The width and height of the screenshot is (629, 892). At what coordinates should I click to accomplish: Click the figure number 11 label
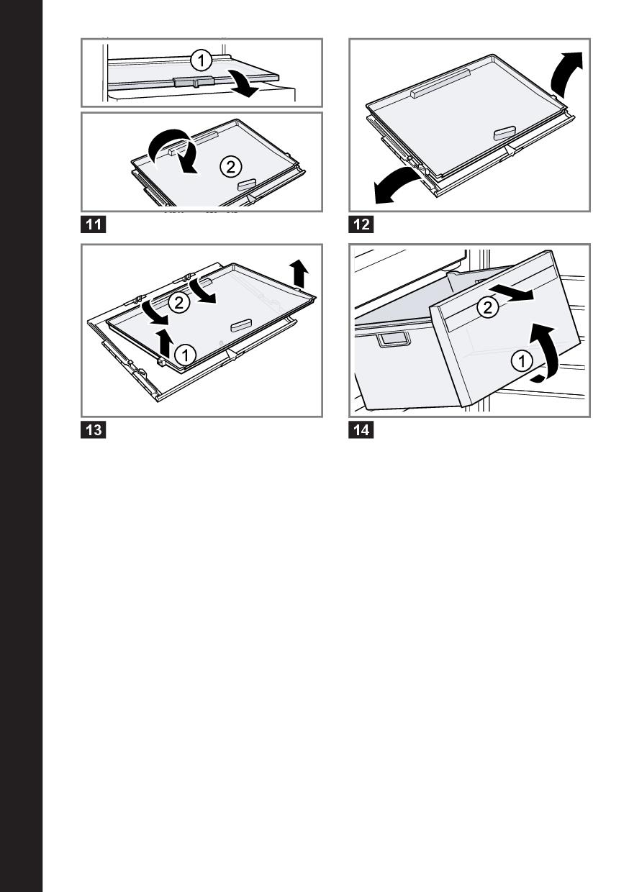[94, 224]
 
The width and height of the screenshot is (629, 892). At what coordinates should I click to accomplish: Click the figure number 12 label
[361, 224]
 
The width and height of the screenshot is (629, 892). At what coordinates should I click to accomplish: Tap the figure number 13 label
[94, 430]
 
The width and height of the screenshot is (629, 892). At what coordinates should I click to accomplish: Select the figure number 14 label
[361, 430]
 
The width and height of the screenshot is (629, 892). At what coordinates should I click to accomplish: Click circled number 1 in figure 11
[201, 60]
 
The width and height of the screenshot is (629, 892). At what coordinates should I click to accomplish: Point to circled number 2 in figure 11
[230, 166]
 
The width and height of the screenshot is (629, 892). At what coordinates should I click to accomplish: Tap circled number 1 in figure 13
[185, 354]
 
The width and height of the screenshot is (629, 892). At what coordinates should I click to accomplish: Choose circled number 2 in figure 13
[179, 302]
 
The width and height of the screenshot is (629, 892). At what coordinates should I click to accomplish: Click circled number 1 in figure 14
[522, 361]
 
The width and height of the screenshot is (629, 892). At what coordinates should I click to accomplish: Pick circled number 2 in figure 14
[487, 306]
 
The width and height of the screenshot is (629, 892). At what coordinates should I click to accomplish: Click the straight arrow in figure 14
[512, 291]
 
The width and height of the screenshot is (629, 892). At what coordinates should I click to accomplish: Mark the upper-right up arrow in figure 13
[299, 273]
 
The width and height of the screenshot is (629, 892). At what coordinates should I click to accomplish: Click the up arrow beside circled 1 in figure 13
[163, 342]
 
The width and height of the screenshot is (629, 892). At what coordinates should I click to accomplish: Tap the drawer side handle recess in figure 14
[394, 340]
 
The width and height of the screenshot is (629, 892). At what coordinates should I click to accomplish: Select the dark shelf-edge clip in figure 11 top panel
[194, 81]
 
